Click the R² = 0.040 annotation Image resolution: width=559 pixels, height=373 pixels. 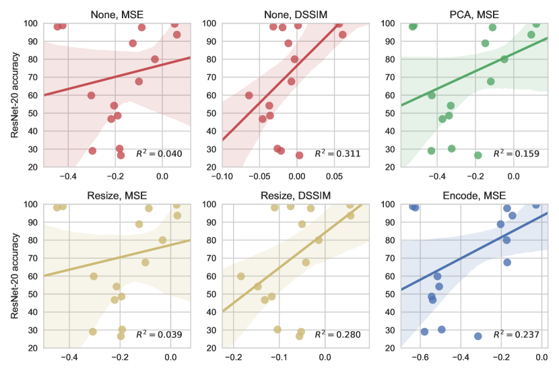coord(159,154)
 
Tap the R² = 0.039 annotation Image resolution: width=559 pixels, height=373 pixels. coord(159,335)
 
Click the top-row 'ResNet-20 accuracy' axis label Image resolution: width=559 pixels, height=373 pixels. coord(15,95)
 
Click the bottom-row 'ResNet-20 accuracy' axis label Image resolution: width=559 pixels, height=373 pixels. coord(15,276)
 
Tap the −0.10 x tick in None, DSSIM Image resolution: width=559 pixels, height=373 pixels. coord(223,176)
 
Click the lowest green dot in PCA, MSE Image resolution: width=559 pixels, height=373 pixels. coord(478,155)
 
